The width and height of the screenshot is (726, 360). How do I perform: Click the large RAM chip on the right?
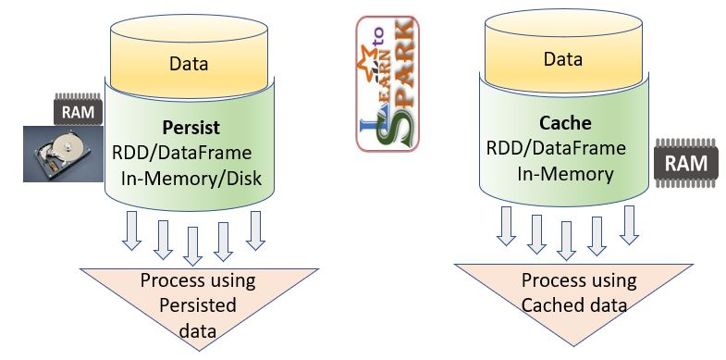[685, 165]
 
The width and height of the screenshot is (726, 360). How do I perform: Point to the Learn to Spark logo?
[388, 82]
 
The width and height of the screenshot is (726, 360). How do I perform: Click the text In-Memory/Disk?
[194, 178]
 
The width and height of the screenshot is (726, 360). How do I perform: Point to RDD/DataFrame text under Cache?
[557, 148]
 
